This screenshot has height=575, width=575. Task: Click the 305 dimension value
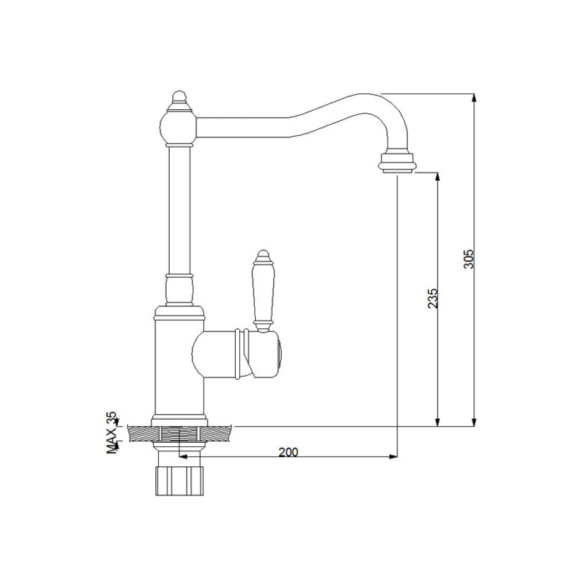469,259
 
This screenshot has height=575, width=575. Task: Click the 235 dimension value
433,298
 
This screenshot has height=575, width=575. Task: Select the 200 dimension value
288,452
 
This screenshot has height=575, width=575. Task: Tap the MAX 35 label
112,433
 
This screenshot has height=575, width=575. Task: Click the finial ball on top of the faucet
178,98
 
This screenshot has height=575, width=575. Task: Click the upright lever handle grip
263,292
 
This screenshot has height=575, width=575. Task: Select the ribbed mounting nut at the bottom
179,481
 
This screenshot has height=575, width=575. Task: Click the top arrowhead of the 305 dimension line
474,98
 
